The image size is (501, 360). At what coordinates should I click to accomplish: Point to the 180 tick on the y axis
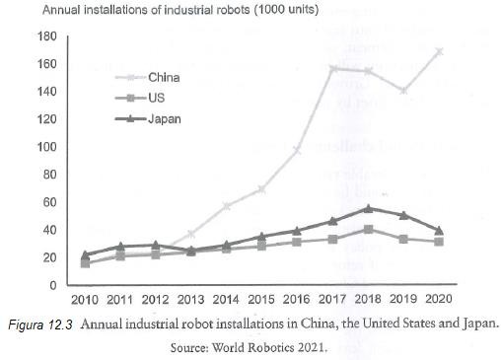[x=45, y=36]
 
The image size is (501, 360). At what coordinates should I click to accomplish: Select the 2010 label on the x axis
[x=84, y=299]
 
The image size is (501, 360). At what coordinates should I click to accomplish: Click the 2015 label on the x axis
[x=261, y=299]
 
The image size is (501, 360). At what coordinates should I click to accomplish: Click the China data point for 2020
[x=438, y=51]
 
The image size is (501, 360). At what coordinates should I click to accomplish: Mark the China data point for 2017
[x=332, y=68]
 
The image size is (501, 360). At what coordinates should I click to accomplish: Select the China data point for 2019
[x=402, y=91]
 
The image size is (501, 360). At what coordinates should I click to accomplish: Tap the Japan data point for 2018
[x=368, y=208]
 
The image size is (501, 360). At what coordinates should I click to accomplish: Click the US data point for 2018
[x=368, y=229]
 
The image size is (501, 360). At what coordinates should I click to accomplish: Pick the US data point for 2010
[x=85, y=263]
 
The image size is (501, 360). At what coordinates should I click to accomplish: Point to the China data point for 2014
[x=226, y=206]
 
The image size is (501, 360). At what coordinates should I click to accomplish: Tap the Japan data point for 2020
[x=438, y=230]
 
